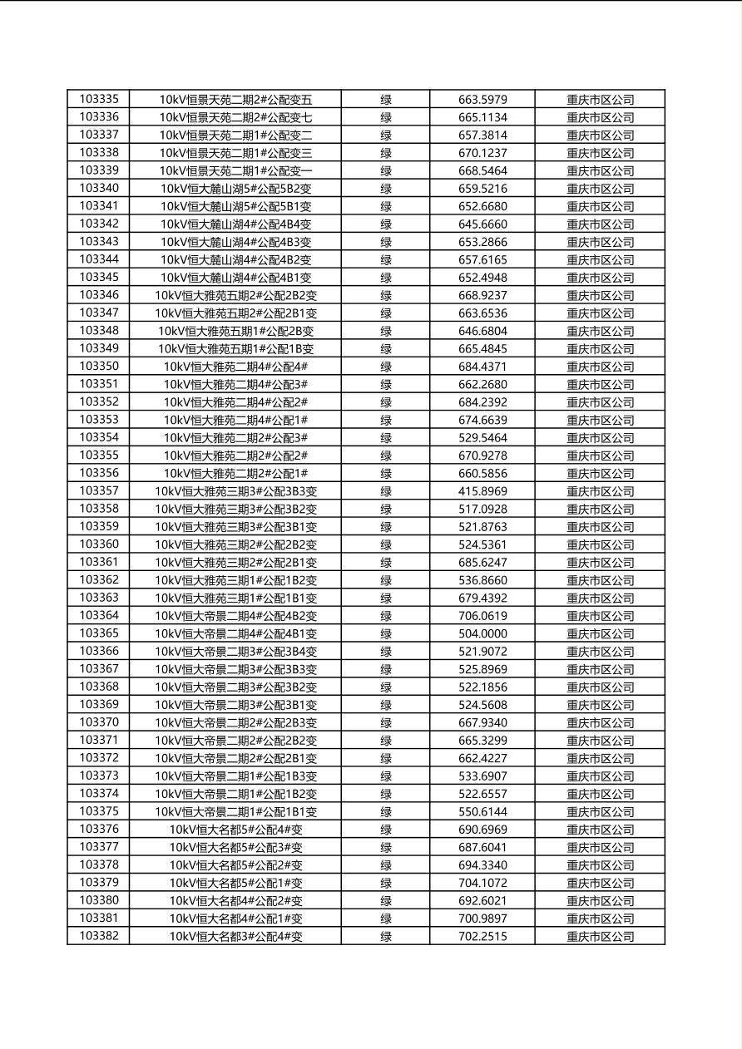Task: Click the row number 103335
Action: [99, 99]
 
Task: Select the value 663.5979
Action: [482, 100]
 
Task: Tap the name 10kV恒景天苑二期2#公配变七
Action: [236, 117]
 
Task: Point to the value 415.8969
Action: [482, 491]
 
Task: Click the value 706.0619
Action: [482, 616]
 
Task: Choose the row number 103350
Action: [99, 367]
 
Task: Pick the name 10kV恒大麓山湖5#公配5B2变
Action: [236, 189]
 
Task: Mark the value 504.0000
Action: [482, 633]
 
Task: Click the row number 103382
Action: [99, 936]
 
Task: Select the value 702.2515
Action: [482, 936]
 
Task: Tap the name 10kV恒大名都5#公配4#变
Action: [236, 830]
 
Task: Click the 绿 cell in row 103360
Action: [386, 544]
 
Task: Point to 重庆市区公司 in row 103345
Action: [600, 278]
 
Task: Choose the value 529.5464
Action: [482, 438]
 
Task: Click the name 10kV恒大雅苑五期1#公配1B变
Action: [236, 349]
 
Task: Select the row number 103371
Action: [99, 740]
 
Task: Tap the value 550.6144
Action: [482, 811]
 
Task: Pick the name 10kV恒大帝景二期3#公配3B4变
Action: [236, 652]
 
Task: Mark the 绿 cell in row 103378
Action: [386, 865]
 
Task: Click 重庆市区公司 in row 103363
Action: [600, 598]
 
